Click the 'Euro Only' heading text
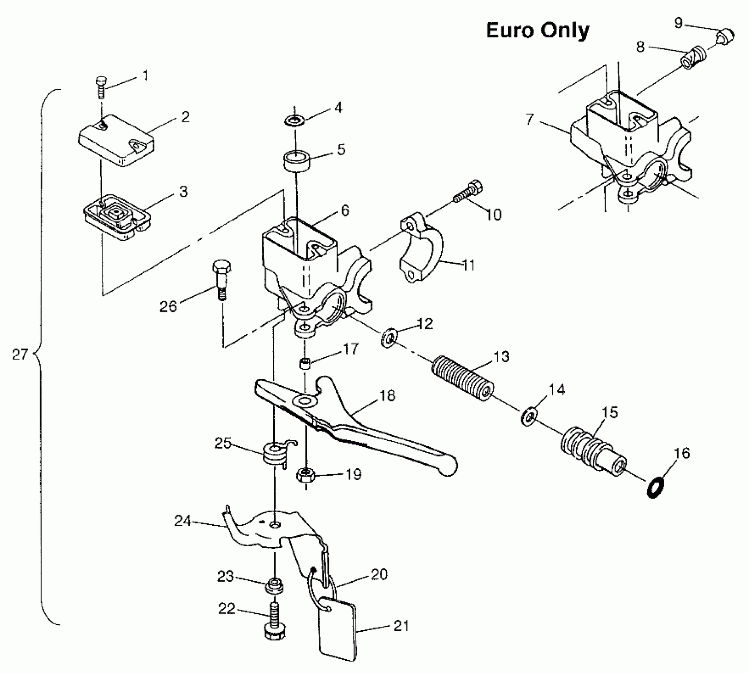(x=537, y=30)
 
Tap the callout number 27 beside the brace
(x=20, y=354)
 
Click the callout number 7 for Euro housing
(x=530, y=119)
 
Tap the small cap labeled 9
(x=725, y=37)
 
